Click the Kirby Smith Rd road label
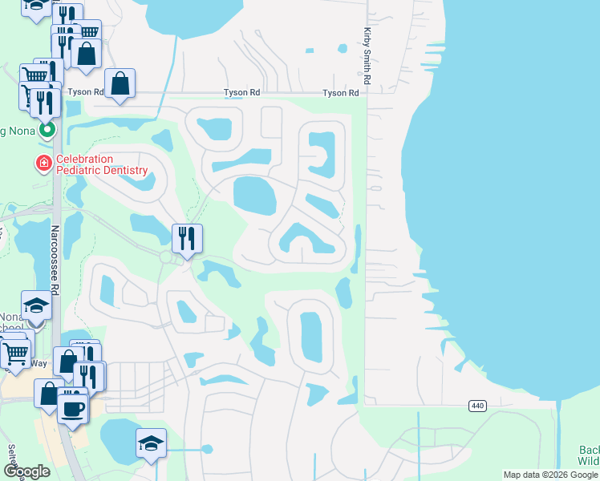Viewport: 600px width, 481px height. (367, 56)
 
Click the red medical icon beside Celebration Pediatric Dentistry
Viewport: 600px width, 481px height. (43, 164)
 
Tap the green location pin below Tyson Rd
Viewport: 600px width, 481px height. (47, 128)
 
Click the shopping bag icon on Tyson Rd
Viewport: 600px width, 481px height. (120, 83)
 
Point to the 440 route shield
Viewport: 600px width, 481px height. (478, 406)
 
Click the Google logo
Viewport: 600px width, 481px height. (26, 471)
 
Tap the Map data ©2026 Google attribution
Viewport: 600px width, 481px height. (550, 475)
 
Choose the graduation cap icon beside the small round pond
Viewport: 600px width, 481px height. (151, 444)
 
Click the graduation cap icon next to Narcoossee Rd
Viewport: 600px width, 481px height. (36, 305)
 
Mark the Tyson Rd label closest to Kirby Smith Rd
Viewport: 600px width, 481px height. (340, 93)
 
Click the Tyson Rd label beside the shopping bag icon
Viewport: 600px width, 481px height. (86, 91)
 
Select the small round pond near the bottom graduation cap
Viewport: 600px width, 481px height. (207, 449)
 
